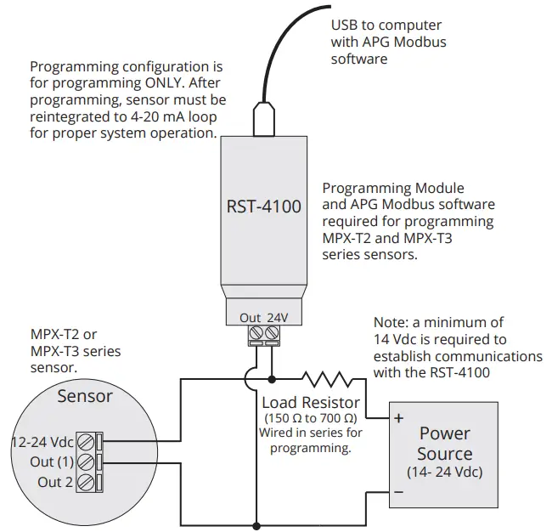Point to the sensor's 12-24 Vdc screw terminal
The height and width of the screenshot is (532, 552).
click(84, 441)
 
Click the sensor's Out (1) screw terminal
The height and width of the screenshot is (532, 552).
click(84, 461)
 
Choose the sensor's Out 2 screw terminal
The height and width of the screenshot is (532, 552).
click(84, 482)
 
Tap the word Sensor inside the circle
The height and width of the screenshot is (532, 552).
click(84, 396)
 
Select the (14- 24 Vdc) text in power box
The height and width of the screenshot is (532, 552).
click(444, 473)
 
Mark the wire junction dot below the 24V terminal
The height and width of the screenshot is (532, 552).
click(272, 378)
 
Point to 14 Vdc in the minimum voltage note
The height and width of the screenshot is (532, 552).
click(403, 339)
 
